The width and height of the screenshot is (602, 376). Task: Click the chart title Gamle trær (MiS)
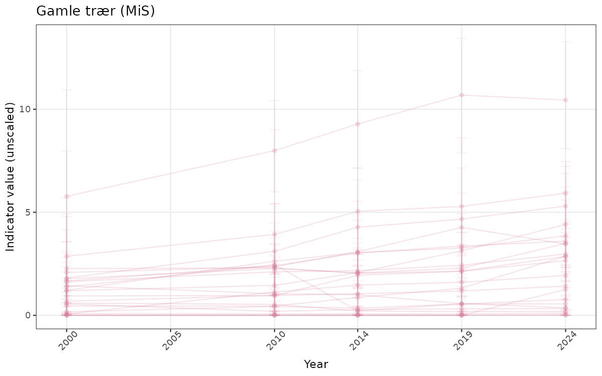click(95, 11)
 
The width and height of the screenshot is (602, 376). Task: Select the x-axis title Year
click(316, 364)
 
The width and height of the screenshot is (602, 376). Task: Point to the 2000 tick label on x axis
click(64, 342)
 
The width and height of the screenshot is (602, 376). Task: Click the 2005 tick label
click(169, 342)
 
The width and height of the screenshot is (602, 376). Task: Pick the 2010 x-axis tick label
click(272, 342)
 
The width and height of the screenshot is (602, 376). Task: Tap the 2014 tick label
click(356, 342)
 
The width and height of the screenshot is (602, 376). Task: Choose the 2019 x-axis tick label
click(460, 342)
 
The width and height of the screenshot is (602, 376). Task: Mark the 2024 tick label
click(563, 342)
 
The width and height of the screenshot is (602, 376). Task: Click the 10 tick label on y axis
click(26, 109)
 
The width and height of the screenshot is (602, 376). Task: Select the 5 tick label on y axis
click(29, 212)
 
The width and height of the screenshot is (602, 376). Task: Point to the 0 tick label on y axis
click(29, 315)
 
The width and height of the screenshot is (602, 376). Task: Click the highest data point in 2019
click(462, 95)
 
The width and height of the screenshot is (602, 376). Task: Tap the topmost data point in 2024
click(565, 100)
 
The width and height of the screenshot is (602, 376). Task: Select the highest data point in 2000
click(66, 196)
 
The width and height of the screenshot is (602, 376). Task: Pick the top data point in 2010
click(274, 150)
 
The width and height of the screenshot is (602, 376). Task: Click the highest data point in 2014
click(358, 124)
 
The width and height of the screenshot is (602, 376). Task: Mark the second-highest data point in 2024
click(565, 193)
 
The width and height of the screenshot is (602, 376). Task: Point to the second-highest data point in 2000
click(66, 256)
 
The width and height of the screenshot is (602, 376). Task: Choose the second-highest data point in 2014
click(358, 212)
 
